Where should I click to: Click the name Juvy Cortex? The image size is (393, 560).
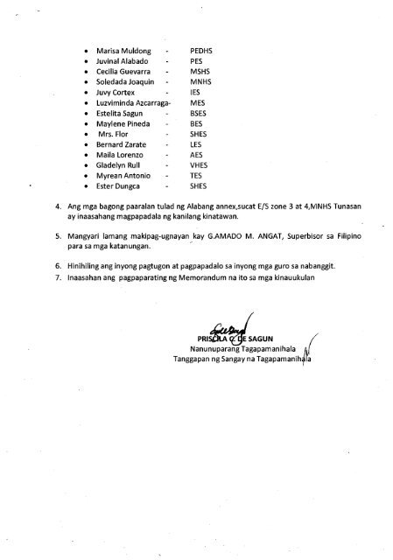click(115, 101)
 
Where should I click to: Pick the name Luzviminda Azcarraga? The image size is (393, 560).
click(134, 113)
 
